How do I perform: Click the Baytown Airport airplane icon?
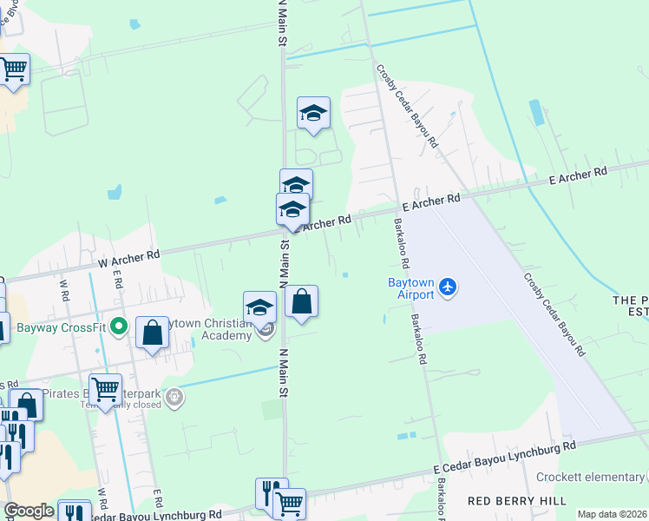click(x=447, y=287)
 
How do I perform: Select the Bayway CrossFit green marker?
click(x=120, y=328)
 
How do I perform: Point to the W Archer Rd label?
click(x=129, y=256)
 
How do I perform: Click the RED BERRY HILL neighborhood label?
click(x=517, y=501)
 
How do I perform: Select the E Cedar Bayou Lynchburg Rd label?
click(x=504, y=458)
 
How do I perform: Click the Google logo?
click(x=29, y=511)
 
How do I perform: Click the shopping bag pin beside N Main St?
click(x=301, y=303)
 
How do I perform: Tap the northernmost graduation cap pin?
click(x=313, y=114)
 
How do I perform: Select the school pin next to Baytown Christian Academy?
click(x=259, y=308)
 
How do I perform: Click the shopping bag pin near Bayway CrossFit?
click(x=152, y=333)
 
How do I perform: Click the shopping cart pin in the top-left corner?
click(x=13, y=69)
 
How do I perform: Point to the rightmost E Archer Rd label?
click(x=578, y=175)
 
